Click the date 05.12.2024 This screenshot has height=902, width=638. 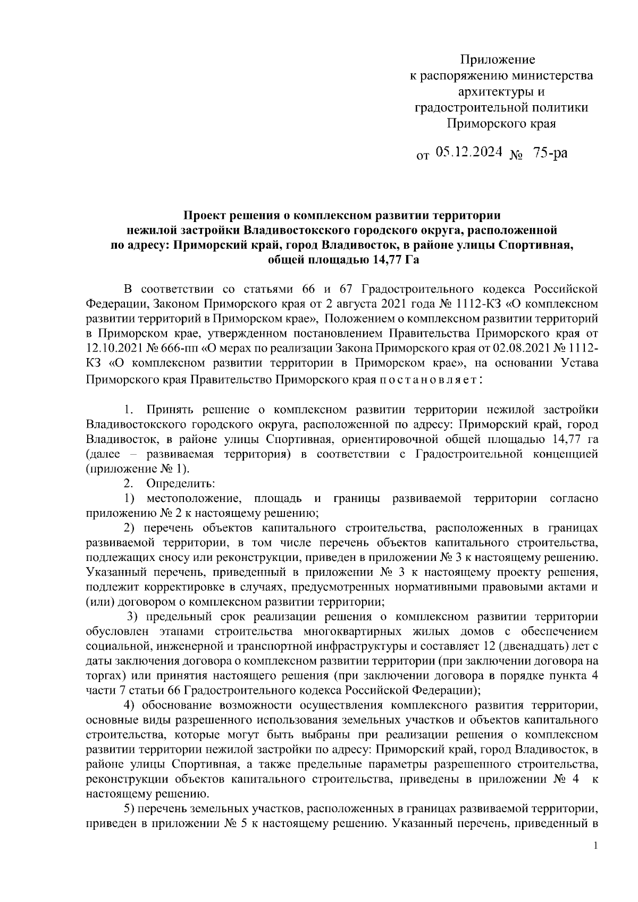click(x=469, y=152)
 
